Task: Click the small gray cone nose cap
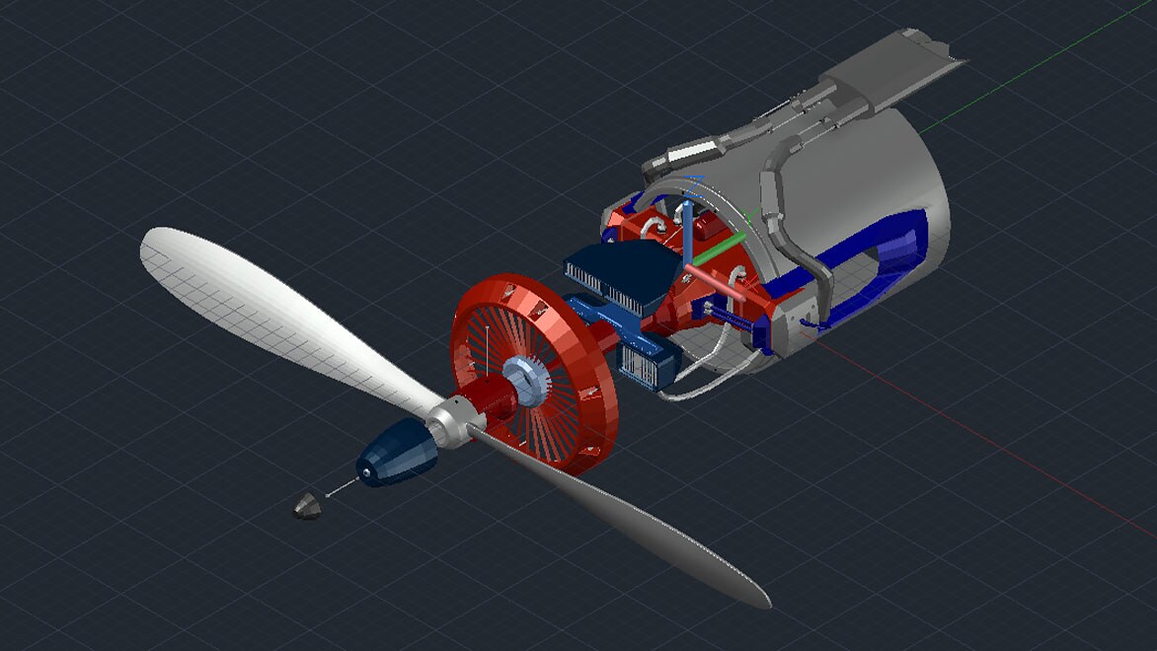pos(307,505)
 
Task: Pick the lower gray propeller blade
pos(642,523)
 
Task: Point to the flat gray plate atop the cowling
pos(888,69)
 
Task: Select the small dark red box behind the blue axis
pos(707,226)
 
